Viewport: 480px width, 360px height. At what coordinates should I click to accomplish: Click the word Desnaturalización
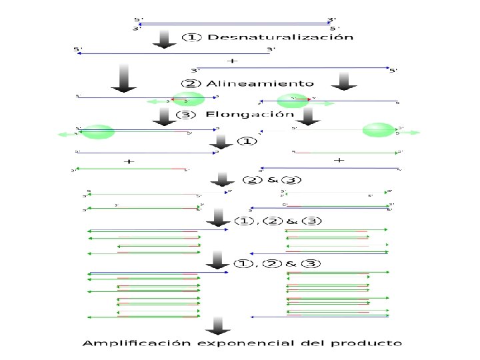pyautogui.click(x=280, y=37)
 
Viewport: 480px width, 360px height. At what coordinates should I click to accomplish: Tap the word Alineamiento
pyautogui.click(x=259, y=83)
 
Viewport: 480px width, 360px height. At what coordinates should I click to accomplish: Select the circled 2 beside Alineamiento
pyautogui.click(x=190, y=83)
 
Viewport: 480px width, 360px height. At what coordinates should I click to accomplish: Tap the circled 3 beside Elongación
pyautogui.click(x=186, y=114)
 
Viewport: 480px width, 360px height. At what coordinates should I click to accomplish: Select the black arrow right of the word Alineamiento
pyautogui.click(x=344, y=79)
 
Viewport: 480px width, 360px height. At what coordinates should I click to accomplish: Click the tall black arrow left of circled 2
pyautogui.click(x=124, y=77)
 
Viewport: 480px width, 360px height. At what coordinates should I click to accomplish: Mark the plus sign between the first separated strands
pyautogui.click(x=232, y=61)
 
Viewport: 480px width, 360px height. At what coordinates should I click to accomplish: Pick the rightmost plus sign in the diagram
pyautogui.click(x=339, y=160)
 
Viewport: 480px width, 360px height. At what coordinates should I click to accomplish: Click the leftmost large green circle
pyautogui.click(x=98, y=131)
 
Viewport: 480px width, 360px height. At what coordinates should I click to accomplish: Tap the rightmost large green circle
pyautogui.click(x=379, y=130)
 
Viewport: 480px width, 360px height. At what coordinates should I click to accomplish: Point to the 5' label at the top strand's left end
pyautogui.click(x=138, y=19)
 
